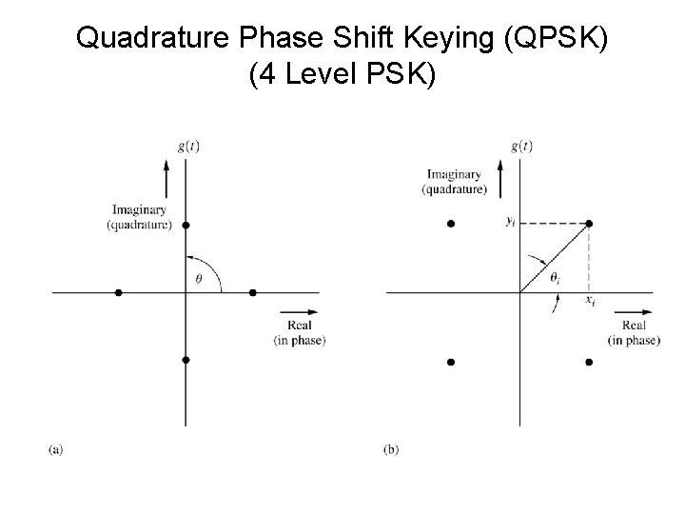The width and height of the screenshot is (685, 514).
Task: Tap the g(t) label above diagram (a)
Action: pos(186,146)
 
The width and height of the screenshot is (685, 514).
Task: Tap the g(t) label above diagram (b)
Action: pos(521,146)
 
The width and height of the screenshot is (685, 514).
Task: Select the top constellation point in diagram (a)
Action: pos(186,225)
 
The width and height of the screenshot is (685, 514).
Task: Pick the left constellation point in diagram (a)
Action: pos(118,292)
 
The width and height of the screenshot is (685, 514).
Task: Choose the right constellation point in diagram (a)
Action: pos(253,292)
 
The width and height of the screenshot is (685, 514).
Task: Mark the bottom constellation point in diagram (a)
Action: pos(186,360)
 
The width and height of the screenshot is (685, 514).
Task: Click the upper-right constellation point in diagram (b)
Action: pos(589,223)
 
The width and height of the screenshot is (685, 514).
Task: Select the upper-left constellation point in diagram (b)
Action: pos(451,223)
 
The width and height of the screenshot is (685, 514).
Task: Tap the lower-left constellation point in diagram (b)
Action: pos(451,362)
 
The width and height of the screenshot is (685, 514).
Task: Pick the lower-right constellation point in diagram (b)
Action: pos(589,362)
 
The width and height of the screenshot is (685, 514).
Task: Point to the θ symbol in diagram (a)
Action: pos(198,279)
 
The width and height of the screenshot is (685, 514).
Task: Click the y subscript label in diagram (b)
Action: pos(511,223)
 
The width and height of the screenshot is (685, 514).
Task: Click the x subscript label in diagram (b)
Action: pos(591,301)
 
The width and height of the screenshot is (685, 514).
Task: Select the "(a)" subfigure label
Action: pos(55,449)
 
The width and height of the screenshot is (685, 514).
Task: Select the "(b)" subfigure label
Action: pos(391,449)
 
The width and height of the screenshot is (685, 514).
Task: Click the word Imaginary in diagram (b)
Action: pos(454,174)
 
